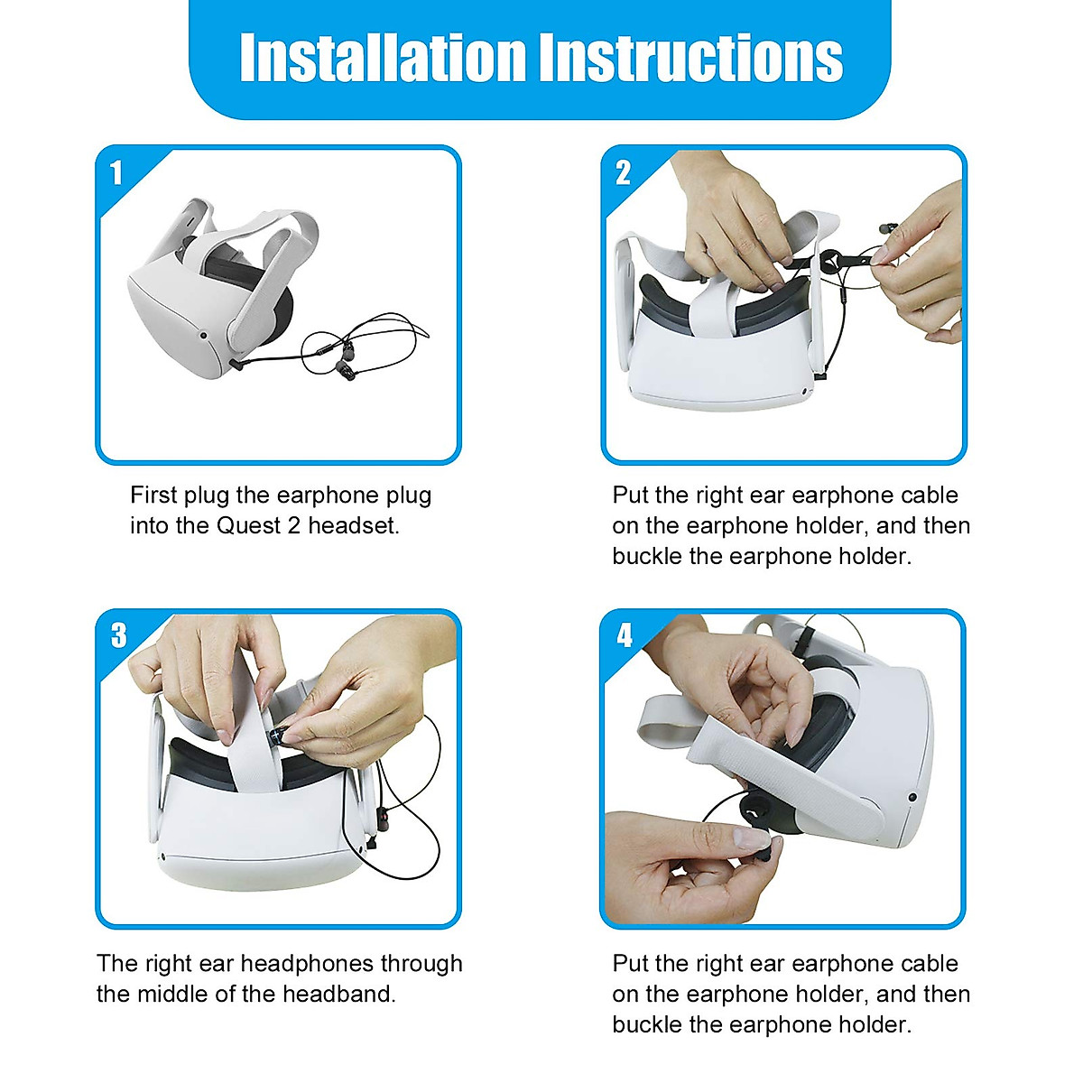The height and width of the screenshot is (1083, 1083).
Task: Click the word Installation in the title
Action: (x=383, y=58)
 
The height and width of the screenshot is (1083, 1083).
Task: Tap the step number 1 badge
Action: (x=116, y=172)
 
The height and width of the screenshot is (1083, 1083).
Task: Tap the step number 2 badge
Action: (x=623, y=172)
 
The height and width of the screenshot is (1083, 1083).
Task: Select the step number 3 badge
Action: (x=118, y=635)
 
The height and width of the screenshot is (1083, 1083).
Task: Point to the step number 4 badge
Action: (x=625, y=635)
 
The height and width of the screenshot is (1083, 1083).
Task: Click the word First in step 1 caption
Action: (x=153, y=495)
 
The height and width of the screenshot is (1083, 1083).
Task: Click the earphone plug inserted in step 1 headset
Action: (x=236, y=365)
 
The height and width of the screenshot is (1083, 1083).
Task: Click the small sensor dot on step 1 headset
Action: (x=203, y=336)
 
